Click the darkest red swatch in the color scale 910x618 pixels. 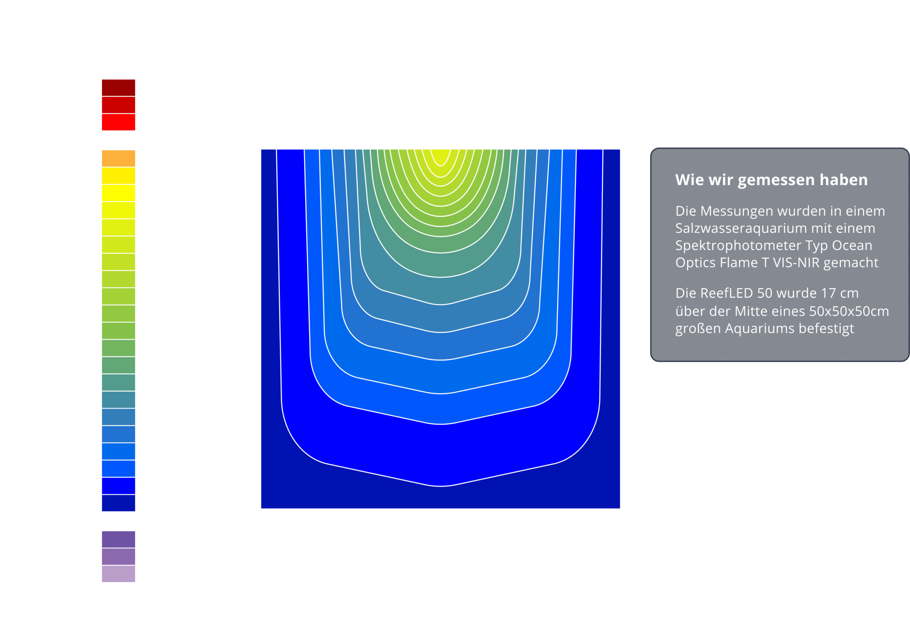click(118, 88)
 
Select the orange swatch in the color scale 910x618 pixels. click(118, 158)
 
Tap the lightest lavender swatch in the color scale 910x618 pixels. click(118, 574)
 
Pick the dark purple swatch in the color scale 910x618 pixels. click(118, 539)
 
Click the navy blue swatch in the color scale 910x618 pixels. click(118, 503)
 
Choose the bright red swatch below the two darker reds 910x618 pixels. click(118, 122)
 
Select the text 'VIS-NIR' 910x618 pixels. click(795, 262)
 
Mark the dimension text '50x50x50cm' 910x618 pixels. click(849, 311)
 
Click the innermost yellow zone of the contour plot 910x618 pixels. click(440, 156)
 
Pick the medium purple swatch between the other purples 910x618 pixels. click(118, 556)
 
